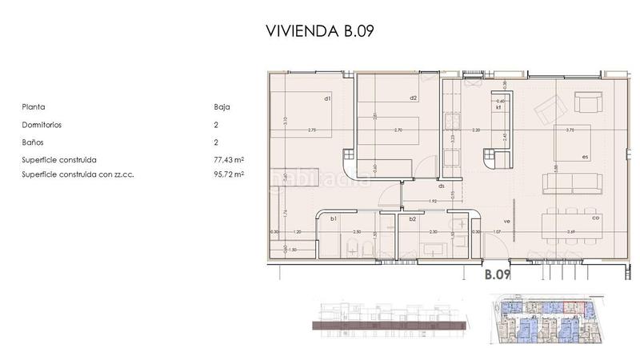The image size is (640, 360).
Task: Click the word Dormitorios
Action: (42, 125)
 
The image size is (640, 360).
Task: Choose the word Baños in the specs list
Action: (34, 142)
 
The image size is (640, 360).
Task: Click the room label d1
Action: (327, 99)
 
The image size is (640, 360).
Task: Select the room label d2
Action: (413, 98)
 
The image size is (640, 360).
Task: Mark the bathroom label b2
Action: (412, 218)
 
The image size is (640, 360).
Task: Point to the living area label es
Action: (585, 157)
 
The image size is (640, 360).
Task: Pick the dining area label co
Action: (595, 218)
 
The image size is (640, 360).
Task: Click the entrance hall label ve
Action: (506, 221)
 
